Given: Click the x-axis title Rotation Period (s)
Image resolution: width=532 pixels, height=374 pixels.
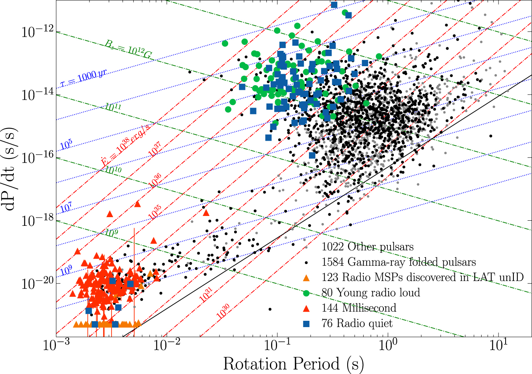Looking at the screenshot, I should (293, 364).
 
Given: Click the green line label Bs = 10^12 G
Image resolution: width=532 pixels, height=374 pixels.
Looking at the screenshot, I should (128, 49).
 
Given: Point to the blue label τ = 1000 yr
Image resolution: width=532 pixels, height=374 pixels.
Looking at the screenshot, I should (84, 78).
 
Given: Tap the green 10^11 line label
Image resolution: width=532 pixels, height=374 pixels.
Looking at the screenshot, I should (113, 107).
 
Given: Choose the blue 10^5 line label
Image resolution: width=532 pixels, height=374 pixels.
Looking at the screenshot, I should (66, 145).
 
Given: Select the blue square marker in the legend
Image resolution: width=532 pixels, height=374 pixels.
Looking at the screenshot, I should (306, 324).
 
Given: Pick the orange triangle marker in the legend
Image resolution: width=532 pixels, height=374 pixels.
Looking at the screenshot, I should (306, 277).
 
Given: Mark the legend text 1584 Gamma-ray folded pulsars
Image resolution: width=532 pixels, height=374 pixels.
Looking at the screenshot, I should (398, 262).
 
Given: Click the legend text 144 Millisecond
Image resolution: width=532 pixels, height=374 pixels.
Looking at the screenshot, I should (359, 308).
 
